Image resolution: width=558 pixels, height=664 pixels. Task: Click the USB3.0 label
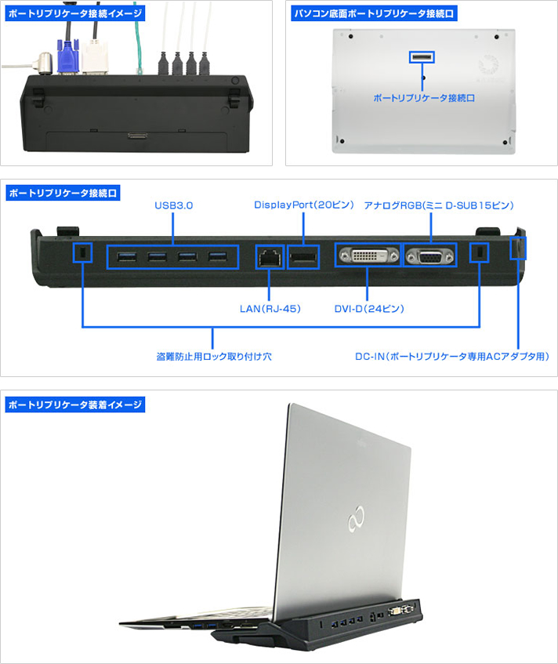click(173, 205)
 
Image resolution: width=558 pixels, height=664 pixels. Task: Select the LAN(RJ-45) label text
click(270, 308)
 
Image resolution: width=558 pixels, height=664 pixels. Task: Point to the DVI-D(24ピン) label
click(367, 308)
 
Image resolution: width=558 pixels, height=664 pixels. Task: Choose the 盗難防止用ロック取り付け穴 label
click(213, 356)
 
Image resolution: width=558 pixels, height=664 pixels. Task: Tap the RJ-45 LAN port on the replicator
click(270, 256)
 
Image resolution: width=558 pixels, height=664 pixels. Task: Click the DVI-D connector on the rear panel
click(367, 256)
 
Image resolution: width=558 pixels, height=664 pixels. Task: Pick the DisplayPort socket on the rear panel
click(303, 256)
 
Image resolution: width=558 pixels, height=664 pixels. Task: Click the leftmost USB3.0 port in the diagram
click(125, 256)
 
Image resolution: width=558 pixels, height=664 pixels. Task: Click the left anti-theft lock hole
click(82, 252)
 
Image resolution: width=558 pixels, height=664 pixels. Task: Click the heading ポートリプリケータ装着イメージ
click(74, 405)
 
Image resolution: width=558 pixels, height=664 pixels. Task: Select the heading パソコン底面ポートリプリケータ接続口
click(372, 14)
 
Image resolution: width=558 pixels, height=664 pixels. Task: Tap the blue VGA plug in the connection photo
click(68, 56)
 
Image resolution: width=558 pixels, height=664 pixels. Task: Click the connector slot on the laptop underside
click(422, 57)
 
